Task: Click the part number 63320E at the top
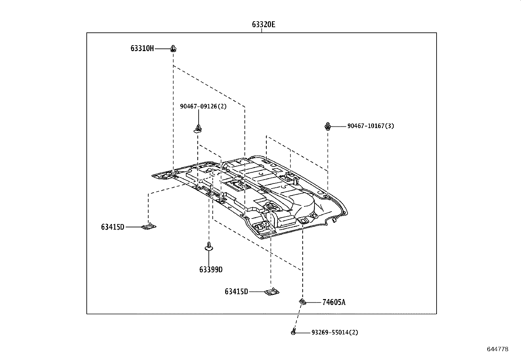tap(263, 25)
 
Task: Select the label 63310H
tap(142, 49)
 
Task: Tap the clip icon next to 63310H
tap(173, 49)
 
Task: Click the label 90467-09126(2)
tap(203, 106)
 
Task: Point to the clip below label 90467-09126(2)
tap(198, 128)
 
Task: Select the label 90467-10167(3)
tap(370, 126)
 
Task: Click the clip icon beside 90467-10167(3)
tap(328, 126)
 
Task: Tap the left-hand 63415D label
tap(113, 227)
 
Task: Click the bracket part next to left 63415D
tap(149, 226)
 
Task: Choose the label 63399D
tap(211, 270)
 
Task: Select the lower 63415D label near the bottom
tap(236, 291)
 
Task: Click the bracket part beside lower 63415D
tap(272, 292)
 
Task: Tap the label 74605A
tap(333, 302)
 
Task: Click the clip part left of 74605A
tap(302, 302)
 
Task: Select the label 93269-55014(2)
tap(334, 332)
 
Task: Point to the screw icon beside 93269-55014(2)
tap(294, 332)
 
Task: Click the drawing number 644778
tap(497, 349)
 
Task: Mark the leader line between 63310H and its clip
tap(162, 49)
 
